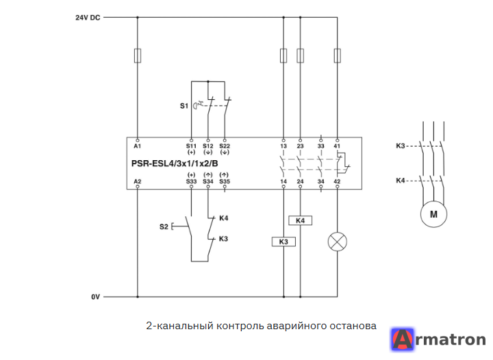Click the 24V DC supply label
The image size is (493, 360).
(x=88, y=18)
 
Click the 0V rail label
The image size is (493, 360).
(x=96, y=297)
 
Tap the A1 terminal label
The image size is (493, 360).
(x=138, y=146)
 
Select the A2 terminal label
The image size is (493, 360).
(x=138, y=181)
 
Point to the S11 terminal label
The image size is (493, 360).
(x=191, y=146)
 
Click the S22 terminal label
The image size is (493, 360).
(x=225, y=146)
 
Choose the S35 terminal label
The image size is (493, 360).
(x=225, y=181)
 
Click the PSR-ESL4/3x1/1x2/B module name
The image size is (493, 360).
(x=175, y=164)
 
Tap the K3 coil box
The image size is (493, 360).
(x=283, y=242)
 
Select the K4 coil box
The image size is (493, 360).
(x=301, y=220)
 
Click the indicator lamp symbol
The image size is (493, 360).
(x=338, y=242)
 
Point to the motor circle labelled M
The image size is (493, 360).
(x=433, y=214)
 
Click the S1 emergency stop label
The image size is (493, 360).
(x=184, y=106)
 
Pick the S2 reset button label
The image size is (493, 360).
(x=164, y=227)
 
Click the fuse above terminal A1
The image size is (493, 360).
(x=138, y=55)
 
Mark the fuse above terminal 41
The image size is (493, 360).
(x=338, y=55)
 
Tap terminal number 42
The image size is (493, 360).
(x=337, y=181)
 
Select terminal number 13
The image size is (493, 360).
(x=283, y=146)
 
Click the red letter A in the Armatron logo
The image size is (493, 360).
(x=403, y=339)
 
